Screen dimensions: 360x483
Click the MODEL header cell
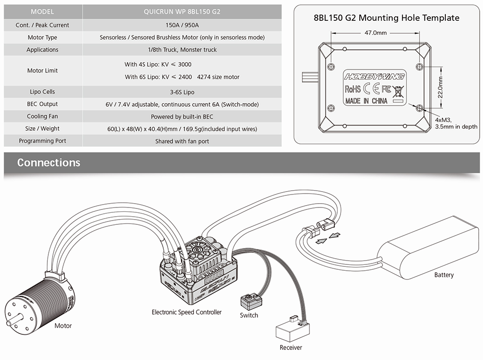[x=43, y=12]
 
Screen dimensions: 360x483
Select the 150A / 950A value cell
[x=182, y=25]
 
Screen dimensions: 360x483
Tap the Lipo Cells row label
[x=43, y=92]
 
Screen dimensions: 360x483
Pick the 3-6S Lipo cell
[x=182, y=92]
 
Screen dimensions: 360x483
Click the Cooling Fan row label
[x=43, y=116]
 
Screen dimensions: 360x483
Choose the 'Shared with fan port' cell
[x=182, y=141]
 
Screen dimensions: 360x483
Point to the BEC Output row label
[x=43, y=104]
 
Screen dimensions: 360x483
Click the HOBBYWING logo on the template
[x=374, y=76]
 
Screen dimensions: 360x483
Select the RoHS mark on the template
[x=353, y=89]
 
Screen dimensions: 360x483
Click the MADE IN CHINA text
[x=366, y=101]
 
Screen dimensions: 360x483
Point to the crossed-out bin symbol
[x=398, y=90]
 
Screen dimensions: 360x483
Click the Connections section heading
[x=49, y=163]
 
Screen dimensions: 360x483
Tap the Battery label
[x=444, y=275]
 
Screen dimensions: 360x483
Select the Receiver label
[x=291, y=347]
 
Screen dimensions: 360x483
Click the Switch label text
[x=249, y=316]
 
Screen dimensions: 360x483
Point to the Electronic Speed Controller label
[x=186, y=312]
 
